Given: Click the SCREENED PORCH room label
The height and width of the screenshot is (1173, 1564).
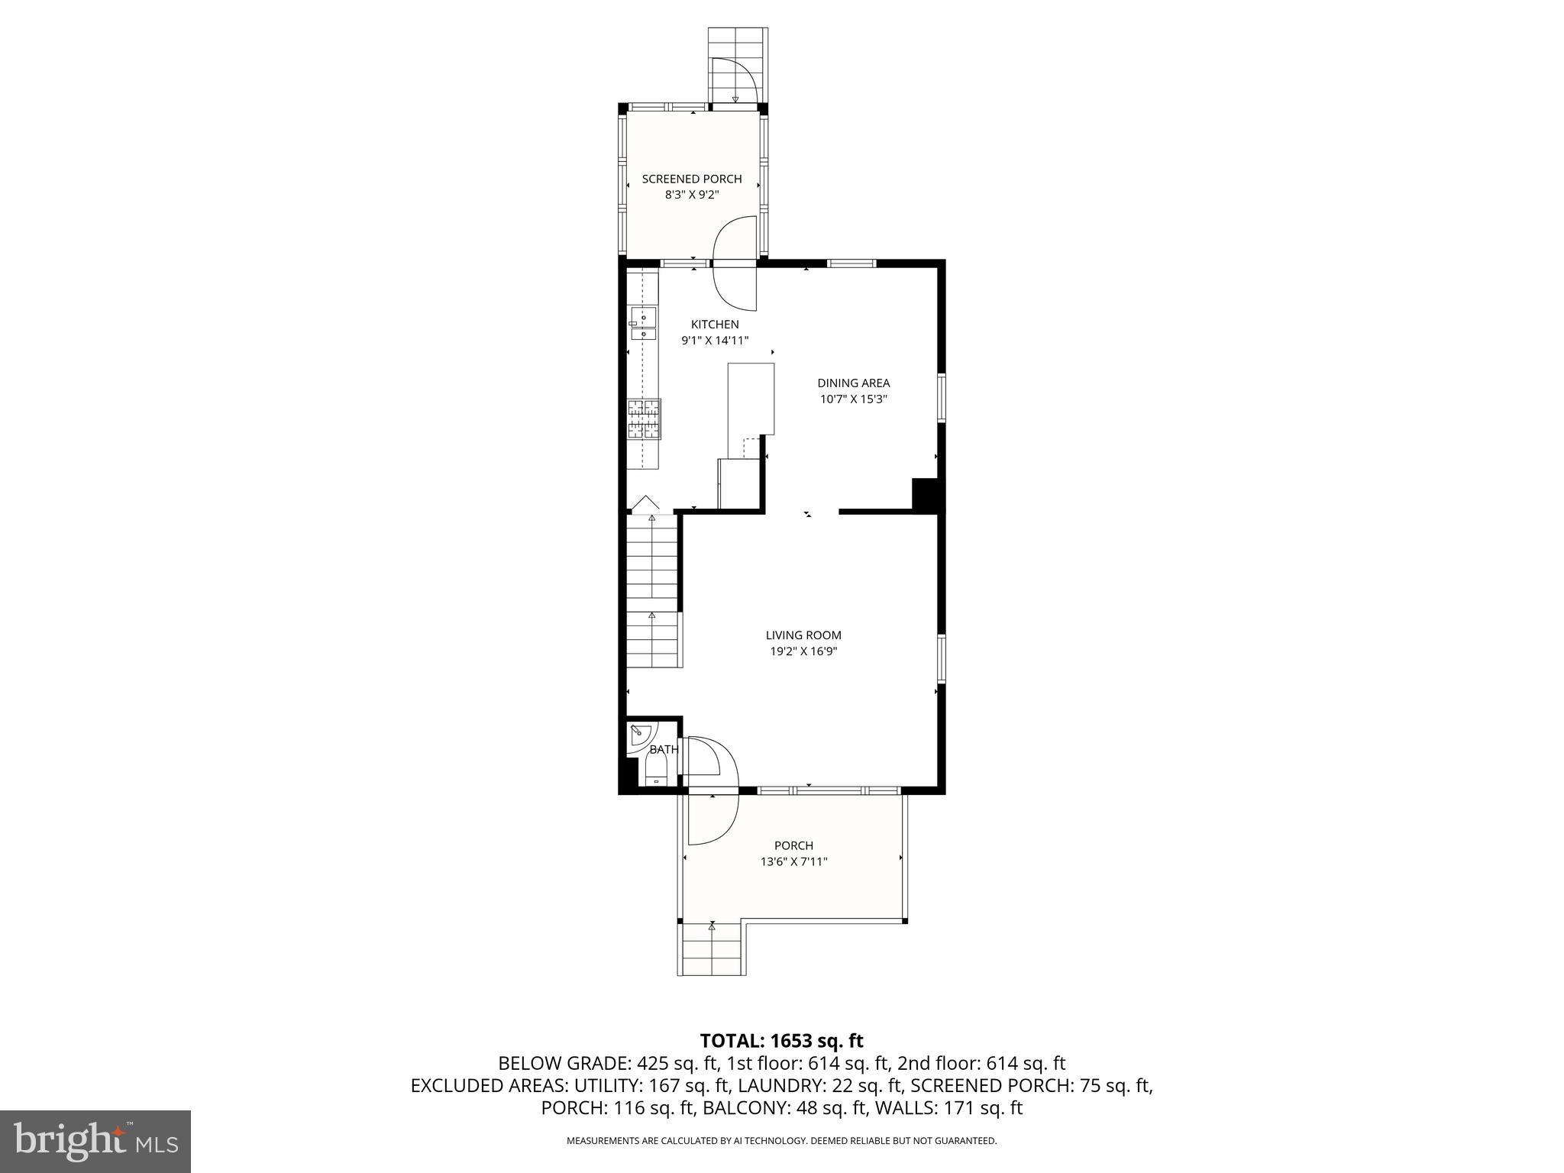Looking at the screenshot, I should pyautogui.click(x=691, y=179).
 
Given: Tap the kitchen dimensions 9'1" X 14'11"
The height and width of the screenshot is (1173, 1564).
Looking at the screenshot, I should pyautogui.click(x=715, y=341).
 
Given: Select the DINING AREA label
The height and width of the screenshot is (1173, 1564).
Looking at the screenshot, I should pyautogui.click(x=853, y=383).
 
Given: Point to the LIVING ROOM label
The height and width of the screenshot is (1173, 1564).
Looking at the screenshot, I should pyautogui.click(x=803, y=635).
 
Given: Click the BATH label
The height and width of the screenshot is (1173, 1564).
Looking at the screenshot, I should pyautogui.click(x=663, y=750).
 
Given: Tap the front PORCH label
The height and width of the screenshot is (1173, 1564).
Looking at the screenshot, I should pyautogui.click(x=793, y=845).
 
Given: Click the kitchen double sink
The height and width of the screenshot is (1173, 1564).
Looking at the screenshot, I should pyautogui.click(x=643, y=325).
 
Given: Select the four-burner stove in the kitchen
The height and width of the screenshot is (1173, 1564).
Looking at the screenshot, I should pyautogui.click(x=644, y=419).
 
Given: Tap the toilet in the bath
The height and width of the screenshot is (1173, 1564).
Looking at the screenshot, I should pyautogui.click(x=656, y=770).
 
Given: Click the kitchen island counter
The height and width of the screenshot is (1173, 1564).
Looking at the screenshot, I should pyautogui.click(x=751, y=399).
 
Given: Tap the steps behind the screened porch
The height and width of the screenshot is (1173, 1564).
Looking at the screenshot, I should pyautogui.click(x=737, y=65).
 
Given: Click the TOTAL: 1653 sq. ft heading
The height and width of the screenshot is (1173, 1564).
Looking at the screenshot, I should pyautogui.click(x=781, y=1041).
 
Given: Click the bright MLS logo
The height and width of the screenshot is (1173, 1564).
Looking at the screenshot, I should pyautogui.click(x=95, y=1141).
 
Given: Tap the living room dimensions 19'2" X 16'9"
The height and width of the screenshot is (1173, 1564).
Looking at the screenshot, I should pyautogui.click(x=803, y=651).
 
